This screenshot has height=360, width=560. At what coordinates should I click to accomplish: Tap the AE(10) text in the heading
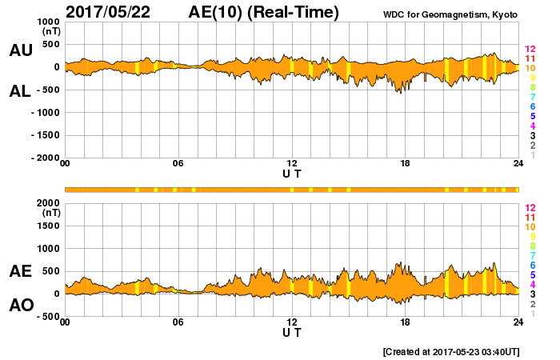coord(220,12)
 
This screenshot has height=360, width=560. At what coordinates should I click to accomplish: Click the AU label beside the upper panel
coord(20,50)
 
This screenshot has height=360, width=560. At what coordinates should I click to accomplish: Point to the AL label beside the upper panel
coord(20,90)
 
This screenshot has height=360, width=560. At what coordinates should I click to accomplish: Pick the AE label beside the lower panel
coord(20,272)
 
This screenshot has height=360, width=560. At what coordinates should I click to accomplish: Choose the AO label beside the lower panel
coord(20,306)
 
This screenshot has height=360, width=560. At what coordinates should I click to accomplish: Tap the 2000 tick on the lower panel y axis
coord(48,203)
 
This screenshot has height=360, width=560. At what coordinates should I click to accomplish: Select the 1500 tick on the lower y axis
coord(48,226)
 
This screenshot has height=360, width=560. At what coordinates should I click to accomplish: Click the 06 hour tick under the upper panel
coord(178,164)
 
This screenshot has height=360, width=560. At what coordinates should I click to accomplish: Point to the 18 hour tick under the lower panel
coord(405,322)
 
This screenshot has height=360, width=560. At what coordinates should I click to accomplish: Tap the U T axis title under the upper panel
coord(291,174)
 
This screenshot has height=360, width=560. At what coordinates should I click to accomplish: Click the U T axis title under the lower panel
coord(291,332)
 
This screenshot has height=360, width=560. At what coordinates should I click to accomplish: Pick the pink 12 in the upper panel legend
coord(530,49)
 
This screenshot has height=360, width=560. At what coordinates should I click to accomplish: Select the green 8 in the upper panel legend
coord(530,87)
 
